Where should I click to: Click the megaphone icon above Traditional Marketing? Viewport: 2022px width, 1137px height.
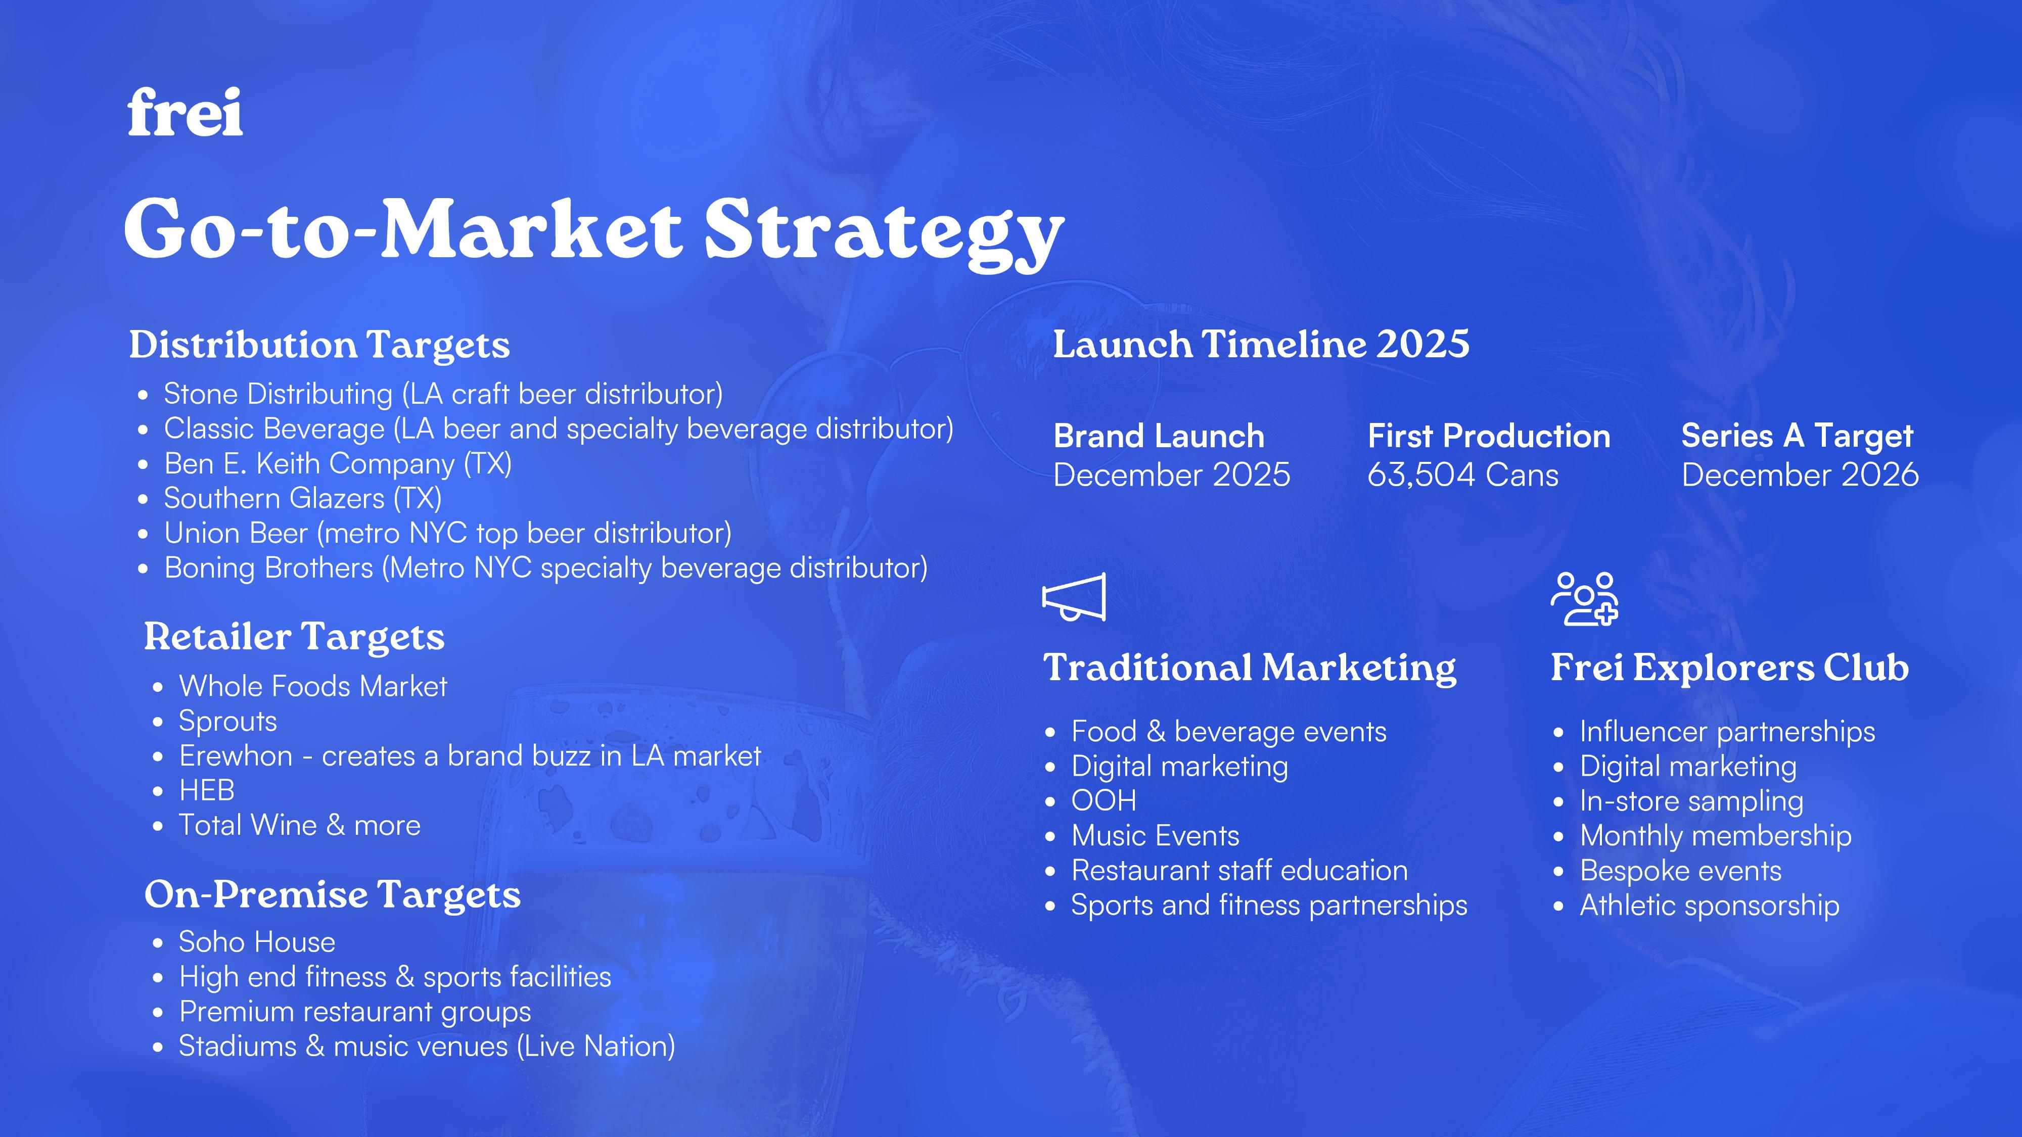click(1074, 597)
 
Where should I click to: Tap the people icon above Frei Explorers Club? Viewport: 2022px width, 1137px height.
click(1584, 599)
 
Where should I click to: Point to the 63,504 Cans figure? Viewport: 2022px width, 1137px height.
click(1463, 475)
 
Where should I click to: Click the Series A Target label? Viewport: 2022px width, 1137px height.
click(1797, 436)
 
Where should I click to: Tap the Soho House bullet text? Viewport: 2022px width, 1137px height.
click(257, 941)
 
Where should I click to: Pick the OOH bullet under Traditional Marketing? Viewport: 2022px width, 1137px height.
click(1104, 800)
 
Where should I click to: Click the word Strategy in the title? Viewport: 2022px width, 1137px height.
click(884, 231)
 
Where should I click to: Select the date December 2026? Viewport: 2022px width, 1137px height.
click(1800, 475)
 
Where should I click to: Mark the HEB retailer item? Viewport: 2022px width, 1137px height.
click(206, 790)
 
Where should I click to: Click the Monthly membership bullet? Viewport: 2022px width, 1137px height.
click(1716, 836)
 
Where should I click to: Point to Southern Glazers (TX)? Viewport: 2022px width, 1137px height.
click(302, 498)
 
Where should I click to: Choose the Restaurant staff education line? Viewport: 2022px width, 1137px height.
click(1239, 870)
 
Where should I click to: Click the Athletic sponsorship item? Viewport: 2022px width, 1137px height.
click(1710, 906)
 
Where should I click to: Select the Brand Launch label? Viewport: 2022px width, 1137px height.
click(1159, 436)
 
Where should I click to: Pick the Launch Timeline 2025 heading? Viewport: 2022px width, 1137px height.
click(1261, 345)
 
